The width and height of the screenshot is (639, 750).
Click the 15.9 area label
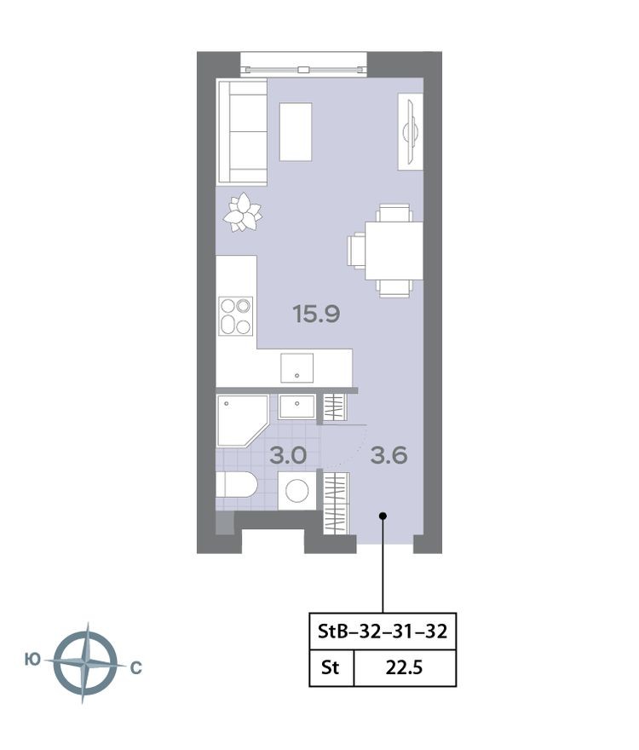tap(316, 314)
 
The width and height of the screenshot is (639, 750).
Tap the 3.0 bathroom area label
tap(287, 455)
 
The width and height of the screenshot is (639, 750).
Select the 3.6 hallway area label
tap(389, 455)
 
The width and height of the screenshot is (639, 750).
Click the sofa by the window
tap(242, 131)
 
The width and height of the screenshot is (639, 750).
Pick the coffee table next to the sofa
tap(296, 131)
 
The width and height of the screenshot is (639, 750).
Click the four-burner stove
tap(236, 315)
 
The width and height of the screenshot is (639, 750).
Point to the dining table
tap(394, 251)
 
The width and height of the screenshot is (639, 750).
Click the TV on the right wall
tap(410, 131)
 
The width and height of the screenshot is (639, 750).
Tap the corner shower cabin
tap(241, 419)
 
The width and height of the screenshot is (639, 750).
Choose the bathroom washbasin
tap(296, 407)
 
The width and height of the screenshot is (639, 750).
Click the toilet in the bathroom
tap(236, 486)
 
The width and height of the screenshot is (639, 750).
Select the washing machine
tap(297, 491)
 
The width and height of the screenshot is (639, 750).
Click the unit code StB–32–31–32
tap(382, 632)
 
